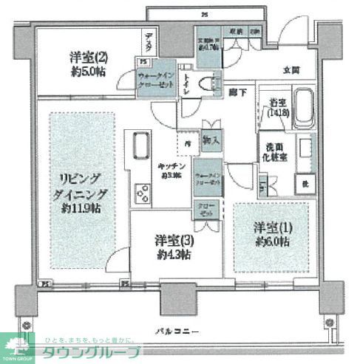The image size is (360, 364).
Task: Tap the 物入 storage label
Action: pos(210,140)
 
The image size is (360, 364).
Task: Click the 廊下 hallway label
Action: pos(237,90)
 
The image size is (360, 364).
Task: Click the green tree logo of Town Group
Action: pos(18,344)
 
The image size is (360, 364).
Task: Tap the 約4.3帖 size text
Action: pos(174,254)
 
